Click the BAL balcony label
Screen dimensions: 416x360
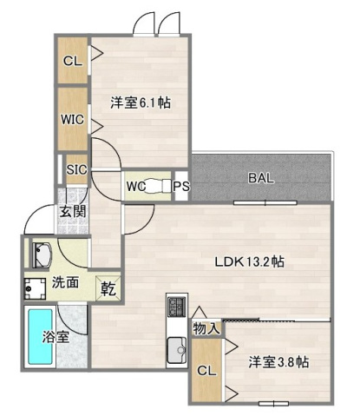(x=261, y=178)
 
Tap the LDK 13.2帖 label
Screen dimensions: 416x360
(x=252, y=261)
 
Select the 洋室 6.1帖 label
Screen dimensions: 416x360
(x=140, y=102)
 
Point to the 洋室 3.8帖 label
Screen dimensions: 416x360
(x=278, y=362)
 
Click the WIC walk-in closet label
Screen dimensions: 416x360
(x=72, y=119)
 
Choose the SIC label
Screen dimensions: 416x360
(x=76, y=169)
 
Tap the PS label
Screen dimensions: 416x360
(x=181, y=186)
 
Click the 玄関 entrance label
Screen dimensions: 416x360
(x=72, y=212)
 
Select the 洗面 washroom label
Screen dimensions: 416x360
(x=65, y=282)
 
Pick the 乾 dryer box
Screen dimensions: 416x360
(x=109, y=284)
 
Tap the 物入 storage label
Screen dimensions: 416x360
(x=206, y=327)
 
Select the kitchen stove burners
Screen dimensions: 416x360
(x=176, y=307)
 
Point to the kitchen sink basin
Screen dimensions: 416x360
(x=177, y=351)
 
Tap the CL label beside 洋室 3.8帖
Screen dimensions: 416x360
(x=206, y=370)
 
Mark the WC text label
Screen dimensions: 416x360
(x=135, y=186)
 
